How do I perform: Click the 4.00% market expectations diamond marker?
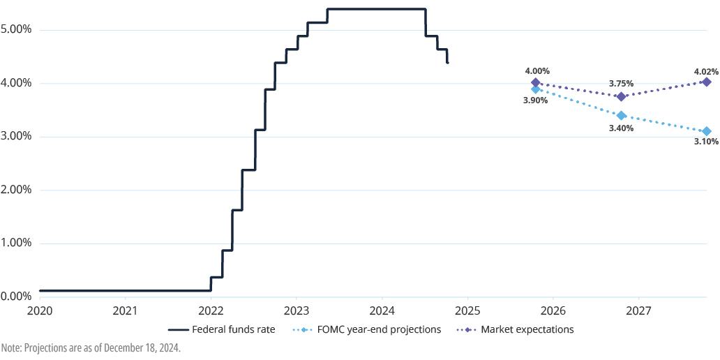(x=535, y=82)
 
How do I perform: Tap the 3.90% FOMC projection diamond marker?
(x=535, y=89)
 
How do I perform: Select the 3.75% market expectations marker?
(x=621, y=96)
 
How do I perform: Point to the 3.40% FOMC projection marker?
(x=621, y=115)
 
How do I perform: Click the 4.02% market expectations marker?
(x=707, y=82)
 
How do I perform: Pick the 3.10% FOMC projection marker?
(x=707, y=131)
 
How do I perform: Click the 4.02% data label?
(x=706, y=71)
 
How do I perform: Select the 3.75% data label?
(x=621, y=84)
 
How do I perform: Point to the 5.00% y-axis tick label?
(x=17, y=30)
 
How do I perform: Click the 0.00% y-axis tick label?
(x=17, y=297)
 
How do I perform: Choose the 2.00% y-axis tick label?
(x=17, y=190)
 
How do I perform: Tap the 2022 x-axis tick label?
(x=211, y=309)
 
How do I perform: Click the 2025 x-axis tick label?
(x=467, y=309)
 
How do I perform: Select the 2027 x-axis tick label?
(x=639, y=309)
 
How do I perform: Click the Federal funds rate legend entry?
(x=223, y=329)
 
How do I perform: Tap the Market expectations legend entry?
(x=516, y=329)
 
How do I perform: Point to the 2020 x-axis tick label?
(x=40, y=309)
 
